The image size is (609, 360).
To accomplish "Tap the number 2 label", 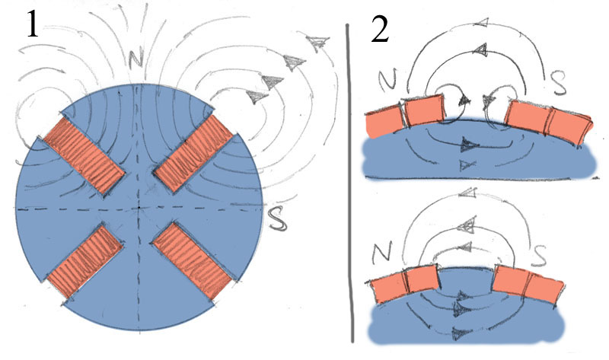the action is (379, 29).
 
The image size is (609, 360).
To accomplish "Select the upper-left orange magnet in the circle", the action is (84, 156).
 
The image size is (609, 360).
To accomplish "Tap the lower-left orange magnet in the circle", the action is (84, 263).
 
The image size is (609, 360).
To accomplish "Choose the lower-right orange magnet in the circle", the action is (193, 263).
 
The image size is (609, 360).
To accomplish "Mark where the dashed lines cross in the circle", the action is (140, 208).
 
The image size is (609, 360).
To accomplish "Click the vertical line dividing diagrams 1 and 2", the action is (350, 183).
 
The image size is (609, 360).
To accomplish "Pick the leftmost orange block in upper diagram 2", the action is (384, 123).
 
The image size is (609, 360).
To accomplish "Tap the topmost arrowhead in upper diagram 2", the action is (480, 23).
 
